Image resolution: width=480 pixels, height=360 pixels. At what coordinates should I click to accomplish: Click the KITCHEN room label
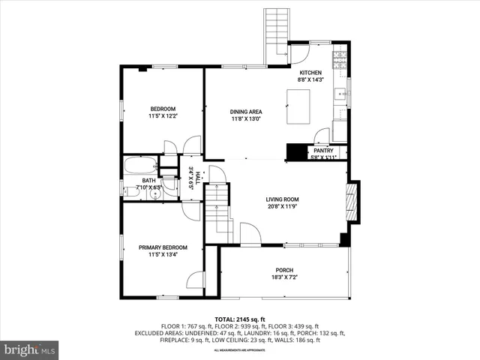(x=310, y=73)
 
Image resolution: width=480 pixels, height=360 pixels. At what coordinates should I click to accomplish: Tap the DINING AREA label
(x=246, y=112)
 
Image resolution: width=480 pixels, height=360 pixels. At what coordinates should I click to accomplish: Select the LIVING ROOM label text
(x=282, y=199)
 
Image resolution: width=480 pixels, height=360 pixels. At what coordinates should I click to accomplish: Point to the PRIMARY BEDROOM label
(x=163, y=247)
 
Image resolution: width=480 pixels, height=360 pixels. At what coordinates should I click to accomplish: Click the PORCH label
(x=284, y=270)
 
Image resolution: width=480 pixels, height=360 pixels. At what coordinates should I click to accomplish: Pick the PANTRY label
(x=324, y=151)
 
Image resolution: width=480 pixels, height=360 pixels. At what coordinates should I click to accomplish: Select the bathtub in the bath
(x=140, y=166)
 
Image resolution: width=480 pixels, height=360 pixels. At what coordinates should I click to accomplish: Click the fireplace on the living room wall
(x=350, y=202)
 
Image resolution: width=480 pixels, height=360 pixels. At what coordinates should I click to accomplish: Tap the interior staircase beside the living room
(x=219, y=214)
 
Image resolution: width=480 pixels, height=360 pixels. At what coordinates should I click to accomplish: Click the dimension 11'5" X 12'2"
(x=163, y=116)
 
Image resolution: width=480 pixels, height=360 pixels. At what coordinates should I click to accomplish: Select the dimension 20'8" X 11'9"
(x=282, y=207)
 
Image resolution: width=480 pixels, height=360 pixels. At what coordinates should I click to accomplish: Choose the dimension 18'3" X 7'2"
(x=284, y=277)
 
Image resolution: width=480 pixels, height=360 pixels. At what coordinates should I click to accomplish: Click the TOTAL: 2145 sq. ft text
(x=240, y=319)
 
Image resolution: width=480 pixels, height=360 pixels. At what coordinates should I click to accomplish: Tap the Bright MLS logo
(x=30, y=349)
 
